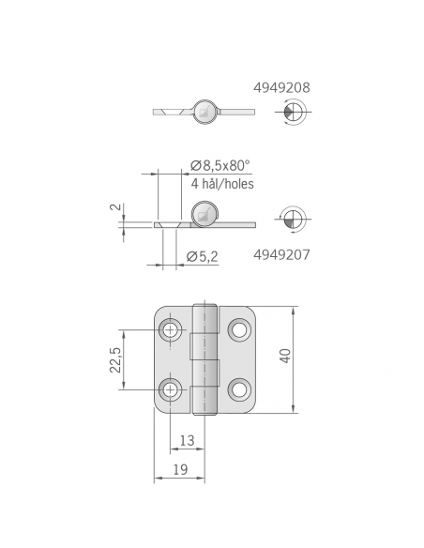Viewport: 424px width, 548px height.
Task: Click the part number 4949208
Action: (281, 87)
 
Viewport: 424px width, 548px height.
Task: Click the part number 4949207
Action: (281, 254)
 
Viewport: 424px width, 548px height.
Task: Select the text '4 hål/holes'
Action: (221, 184)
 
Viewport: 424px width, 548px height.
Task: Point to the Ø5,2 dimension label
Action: (203, 256)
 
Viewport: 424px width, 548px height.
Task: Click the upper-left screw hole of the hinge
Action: (171, 329)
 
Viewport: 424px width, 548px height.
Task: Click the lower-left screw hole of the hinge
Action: (171, 388)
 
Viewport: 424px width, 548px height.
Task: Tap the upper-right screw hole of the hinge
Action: (239, 329)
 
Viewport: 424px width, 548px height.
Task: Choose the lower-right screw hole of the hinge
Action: (239, 388)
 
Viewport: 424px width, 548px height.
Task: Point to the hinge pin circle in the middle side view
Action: (204, 214)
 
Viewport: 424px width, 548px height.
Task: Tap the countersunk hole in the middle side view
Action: (168, 225)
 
